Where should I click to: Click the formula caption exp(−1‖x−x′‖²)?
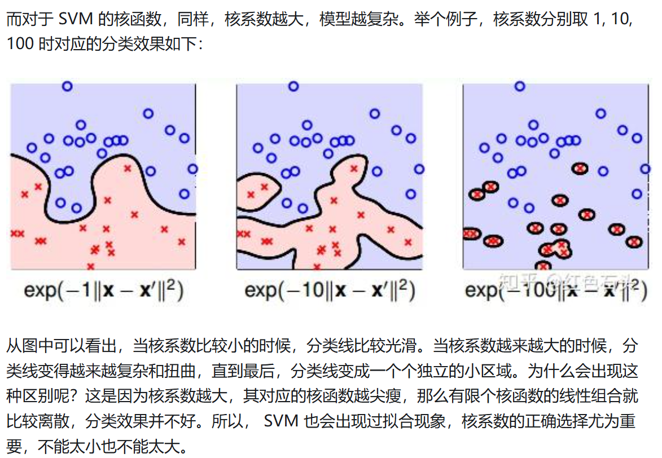pos(104,290)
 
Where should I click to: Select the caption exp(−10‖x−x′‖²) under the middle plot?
pos(330,290)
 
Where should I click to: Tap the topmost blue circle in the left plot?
pos(67,86)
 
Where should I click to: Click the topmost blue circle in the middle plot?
pos(293,86)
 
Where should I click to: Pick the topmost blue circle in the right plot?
pos(520,86)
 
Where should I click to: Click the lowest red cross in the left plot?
pos(90,266)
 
